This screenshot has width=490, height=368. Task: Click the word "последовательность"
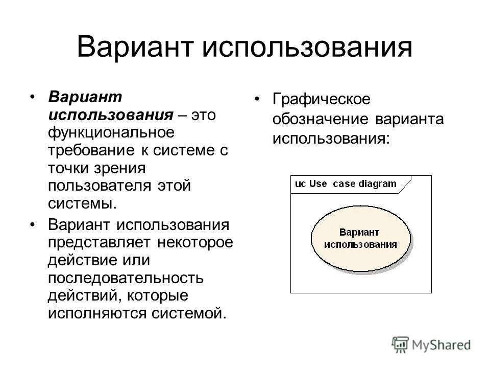click(126, 277)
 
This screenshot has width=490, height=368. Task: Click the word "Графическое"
click(320, 100)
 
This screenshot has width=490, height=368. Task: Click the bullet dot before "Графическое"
click(258, 99)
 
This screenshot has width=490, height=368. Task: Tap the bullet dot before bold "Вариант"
click(33, 97)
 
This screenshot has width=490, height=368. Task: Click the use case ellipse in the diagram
click(360, 238)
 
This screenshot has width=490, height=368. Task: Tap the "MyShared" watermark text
click(442, 345)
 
